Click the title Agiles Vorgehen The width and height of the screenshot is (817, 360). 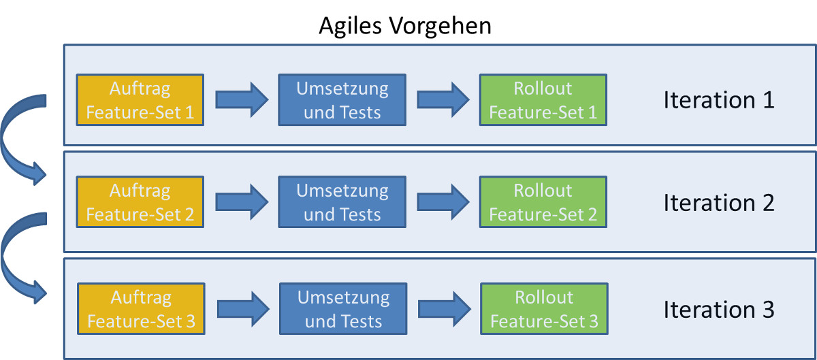point(405,27)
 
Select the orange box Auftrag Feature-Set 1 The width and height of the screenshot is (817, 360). point(140,100)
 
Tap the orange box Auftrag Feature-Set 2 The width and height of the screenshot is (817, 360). point(140,202)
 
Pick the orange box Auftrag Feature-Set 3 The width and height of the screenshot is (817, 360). point(141,309)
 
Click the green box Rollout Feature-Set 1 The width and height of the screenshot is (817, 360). point(543,100)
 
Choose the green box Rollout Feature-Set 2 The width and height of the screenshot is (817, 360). point(543,202)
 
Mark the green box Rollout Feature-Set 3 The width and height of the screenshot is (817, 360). point(544,309)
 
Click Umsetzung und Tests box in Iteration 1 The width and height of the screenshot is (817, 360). point(342,100)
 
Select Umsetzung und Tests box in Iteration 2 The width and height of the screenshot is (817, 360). point(342,202)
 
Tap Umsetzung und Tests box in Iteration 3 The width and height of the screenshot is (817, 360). point(342,309)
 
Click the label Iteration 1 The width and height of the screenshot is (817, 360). point(719,101)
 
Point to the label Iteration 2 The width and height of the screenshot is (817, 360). point(719,203)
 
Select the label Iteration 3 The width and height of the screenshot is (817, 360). point(719,310)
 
